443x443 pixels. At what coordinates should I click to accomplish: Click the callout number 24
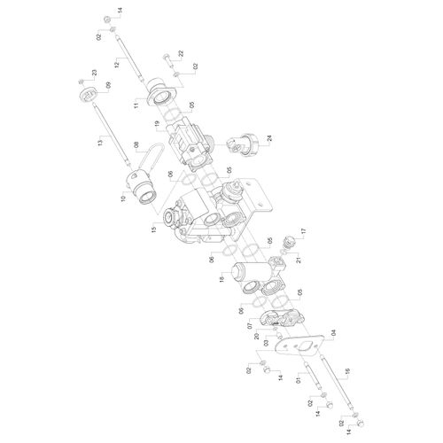click(269, 139)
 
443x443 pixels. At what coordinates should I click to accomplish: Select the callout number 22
click(181, 53)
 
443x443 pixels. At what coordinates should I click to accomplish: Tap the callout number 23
click(94, 73)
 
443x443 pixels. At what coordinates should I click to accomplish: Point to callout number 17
click(304, 230)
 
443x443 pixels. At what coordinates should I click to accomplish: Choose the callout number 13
click(100, 142)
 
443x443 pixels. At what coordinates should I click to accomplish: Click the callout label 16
click(347, 371)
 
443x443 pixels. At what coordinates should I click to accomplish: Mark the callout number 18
click(222, 278)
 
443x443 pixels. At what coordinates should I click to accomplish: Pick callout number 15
click(153, 229)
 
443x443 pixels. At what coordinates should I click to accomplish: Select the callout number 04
click(334, 333)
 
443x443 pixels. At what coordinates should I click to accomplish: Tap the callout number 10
click(123, 198)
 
